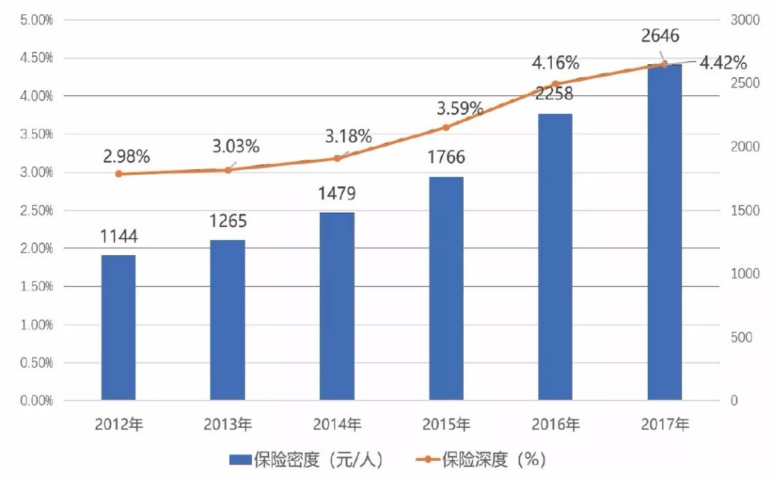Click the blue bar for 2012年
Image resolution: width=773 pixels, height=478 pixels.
tap(118, 328)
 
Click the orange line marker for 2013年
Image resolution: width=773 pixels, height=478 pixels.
tap(228, 170)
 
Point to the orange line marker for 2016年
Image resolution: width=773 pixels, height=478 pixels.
tap(555, 84)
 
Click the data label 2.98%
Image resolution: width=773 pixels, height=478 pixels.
tap(126, 157)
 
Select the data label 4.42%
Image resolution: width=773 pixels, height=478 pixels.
tap(723, 62)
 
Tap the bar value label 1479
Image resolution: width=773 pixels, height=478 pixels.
tap(337, 193)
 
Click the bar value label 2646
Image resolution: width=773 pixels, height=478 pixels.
tap(660, 35)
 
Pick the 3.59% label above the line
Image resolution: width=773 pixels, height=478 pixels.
tap(460, 109)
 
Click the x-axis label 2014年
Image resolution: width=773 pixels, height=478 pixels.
tap(337, 424)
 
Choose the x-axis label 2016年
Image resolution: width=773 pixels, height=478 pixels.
tap(555, 424)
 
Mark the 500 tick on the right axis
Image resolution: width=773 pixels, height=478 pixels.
tap(742, 338)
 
